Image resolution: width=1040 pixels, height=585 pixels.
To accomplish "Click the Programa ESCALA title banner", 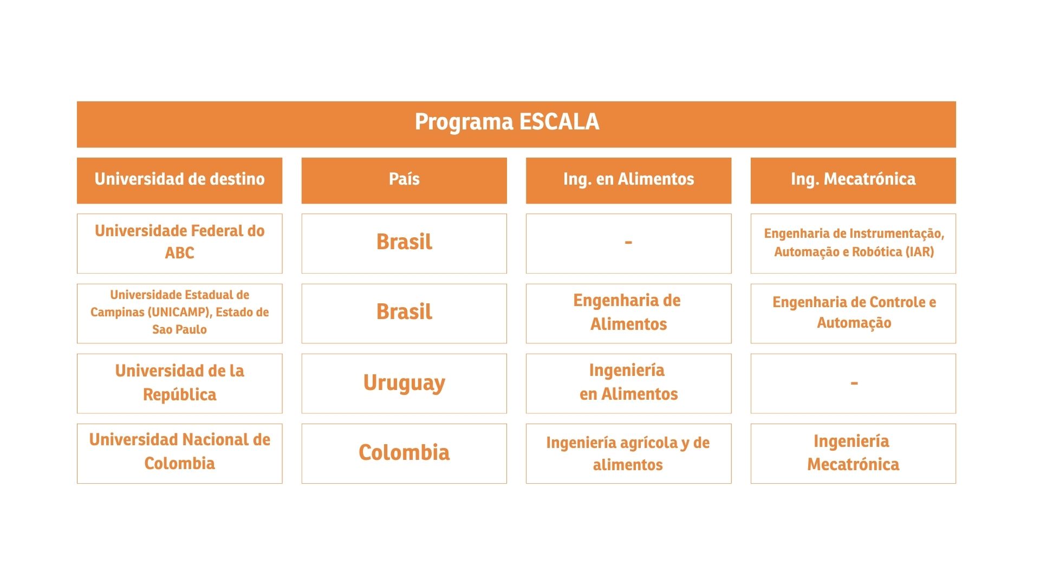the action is click(x=516, y=124).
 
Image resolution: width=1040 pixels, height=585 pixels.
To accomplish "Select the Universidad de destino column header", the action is click(x=179, y=180).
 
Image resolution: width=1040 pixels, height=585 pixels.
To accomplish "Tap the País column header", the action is click(x=404, y=180).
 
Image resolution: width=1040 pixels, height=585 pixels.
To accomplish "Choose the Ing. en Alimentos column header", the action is click(x=628, y=180).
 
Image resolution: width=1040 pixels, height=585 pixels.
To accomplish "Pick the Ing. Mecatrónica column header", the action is click(x=853, y=180).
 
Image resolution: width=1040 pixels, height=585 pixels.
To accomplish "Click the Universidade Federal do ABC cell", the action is click(x=179, y=243).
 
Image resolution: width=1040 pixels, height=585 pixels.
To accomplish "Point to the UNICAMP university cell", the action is click(x=179, y=313).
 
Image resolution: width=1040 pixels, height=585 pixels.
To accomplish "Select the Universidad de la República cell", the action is click(x=179, y=383).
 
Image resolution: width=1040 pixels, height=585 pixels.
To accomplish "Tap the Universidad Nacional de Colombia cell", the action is click(x=179, y=453).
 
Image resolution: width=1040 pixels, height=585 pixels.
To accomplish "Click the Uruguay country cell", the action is click(x=404, y=383).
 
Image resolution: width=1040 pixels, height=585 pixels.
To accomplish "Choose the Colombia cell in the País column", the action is click(x=404, y=453).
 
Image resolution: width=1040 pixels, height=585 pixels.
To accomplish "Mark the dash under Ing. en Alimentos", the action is click(x=628, y=243).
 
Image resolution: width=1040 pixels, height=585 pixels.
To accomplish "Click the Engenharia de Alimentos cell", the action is click(x=628, y=313).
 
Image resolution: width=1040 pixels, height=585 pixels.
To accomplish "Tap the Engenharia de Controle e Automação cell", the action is click(x=853, y=313).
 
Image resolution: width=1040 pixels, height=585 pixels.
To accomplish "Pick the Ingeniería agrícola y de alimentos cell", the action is click(x=628, y=453).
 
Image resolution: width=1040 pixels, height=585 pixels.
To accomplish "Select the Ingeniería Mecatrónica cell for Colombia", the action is click(x=853, y=453).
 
